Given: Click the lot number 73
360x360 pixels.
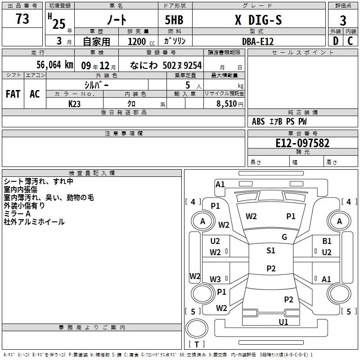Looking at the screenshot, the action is click(x=22, y=19).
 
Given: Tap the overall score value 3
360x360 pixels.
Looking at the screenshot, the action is click(x=343, y=21).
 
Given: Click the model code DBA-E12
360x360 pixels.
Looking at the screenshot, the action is click(x=257, y=41).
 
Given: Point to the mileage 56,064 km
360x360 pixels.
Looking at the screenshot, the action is click(x=49, y=65).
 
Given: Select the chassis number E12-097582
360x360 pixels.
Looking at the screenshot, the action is click(x=302, y=143).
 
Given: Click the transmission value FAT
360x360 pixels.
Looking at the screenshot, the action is click(x=13, y=94).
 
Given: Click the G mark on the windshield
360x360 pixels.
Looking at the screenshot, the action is click(x=284, y=237).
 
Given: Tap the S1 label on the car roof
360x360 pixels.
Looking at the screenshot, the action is click(x=270, y=251).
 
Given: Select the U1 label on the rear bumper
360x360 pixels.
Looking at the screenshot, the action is click(x=283, y=322).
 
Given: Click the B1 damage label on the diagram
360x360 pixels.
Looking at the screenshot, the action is click(x=327, y=241).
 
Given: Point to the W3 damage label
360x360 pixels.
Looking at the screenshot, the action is click(x=215, y=279).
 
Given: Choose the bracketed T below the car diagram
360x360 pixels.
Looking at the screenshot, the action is click(x=197, y=345).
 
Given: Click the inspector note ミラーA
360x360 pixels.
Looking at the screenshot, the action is click(x=17, y=214).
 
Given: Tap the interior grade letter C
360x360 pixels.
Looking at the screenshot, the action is click(x=350, y=41).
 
